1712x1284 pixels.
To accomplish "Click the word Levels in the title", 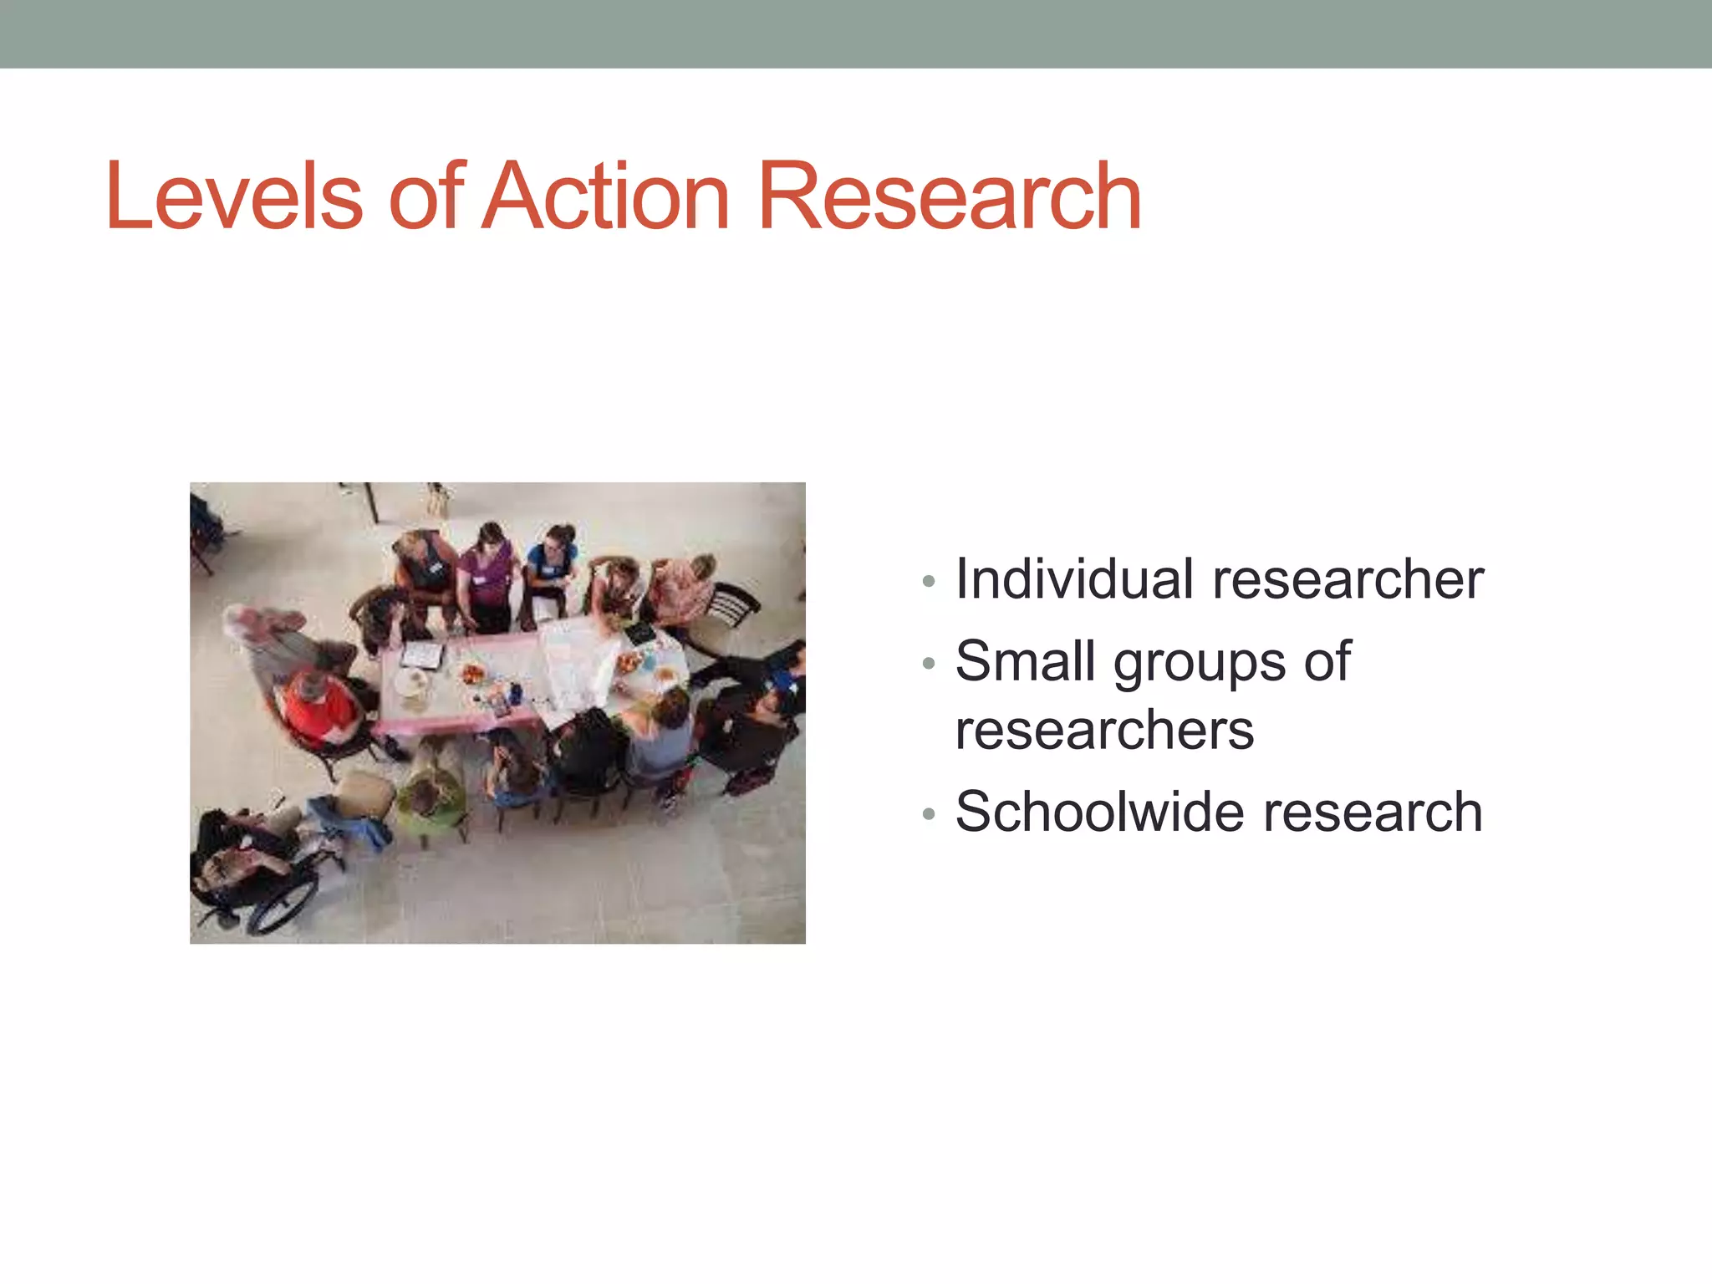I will (234, 197).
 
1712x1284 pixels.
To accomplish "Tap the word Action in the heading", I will (608, 197).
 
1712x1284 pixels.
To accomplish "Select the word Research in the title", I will (949, 197).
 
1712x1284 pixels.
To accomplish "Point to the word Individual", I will (1074, 579).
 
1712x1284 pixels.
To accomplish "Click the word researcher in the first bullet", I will (1348, 579).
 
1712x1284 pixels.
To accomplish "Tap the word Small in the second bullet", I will (1025, 661).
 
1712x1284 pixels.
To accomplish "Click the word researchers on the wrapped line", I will (1104, 731).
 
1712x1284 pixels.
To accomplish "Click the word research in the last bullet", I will (1373, 812).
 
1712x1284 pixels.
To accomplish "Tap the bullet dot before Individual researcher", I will (928, 581).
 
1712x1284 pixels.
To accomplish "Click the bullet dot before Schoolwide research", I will (928, 813).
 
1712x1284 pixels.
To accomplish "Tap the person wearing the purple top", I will (489, 568).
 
